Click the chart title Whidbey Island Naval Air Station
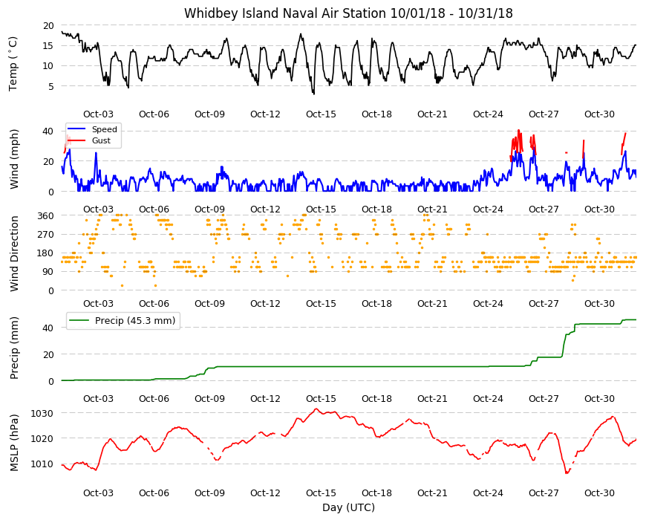pyautogui.click(x=285, y=13)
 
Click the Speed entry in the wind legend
pyautogui.click(x=104, y=129)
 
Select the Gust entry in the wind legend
pyautogui.click(x=101, y=140)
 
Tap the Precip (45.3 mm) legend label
pyautogui.click(x=135, y=321)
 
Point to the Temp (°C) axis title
pyautogui.click(x=13, y=63)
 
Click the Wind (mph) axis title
pyautogui.click(x=14, y=159)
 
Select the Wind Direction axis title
pyautogui.click(x=14, y=254)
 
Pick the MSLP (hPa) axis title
pyautogui.click(x=14, y=443)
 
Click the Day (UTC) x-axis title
pyautogui.click(x=348, y=507)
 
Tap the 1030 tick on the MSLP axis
pyautogui.click(x=42, y=413)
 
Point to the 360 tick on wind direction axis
pyautogui.click(x=45, y=216)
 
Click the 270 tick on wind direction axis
pyautogui.click(x=45, y=235)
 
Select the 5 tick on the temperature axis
pyautogui.click(x=50, y=86)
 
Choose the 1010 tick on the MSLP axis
pyautogui.click(x=42, y=464)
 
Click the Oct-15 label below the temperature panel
pyautogui.click(x=321, y=114)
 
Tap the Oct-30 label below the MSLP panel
pyautogui.click(x=599, y=493)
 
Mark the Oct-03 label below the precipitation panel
pyautogui.click(x=98, y=398)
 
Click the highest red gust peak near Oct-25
pyautogui.click(x=519, y=131)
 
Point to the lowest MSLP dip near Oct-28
pyautogui.click(x=567, y=473)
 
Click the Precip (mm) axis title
pyautogui.click(x=14, y=348)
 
